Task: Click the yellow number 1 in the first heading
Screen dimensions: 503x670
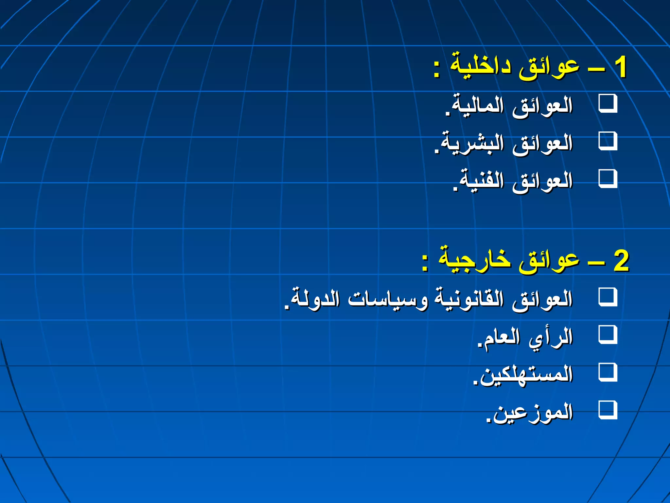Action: [620, 67]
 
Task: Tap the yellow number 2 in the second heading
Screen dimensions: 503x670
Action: [621, 261]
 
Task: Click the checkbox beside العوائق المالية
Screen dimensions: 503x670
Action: [608, 104]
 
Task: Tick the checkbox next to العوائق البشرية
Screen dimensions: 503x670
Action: [608, 141]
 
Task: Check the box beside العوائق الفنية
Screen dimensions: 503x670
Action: [608, 179]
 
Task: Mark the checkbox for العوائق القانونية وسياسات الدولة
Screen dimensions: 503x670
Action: [608, 297]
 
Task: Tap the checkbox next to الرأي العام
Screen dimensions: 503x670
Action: [608, 335]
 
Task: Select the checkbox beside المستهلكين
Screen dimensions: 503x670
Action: [608, 372]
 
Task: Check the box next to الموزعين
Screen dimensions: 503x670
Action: [608, 410]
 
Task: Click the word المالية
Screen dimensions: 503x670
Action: [477, 105]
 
